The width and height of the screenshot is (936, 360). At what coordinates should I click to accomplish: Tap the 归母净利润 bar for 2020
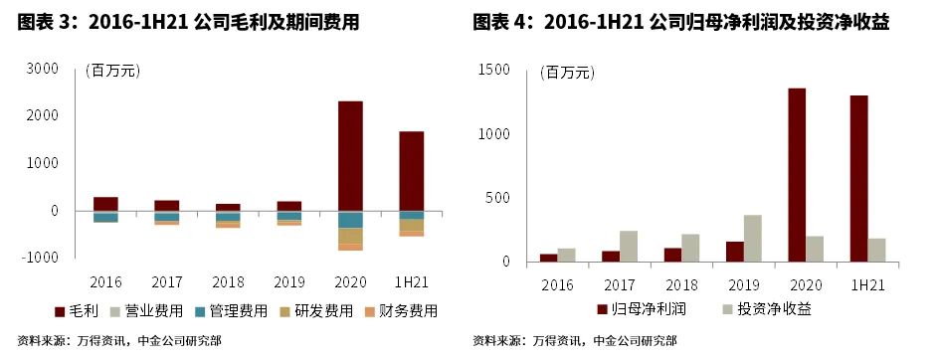point(797,175)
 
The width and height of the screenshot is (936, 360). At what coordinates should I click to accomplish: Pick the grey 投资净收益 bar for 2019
point(753,239)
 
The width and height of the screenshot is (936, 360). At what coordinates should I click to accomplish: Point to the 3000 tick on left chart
point(44,69)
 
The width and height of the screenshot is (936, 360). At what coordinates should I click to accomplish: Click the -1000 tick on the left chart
point(41,257)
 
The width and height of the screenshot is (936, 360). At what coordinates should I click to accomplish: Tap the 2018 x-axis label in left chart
point(228,281)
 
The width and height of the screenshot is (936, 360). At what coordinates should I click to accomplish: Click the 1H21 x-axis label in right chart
point(867,285)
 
